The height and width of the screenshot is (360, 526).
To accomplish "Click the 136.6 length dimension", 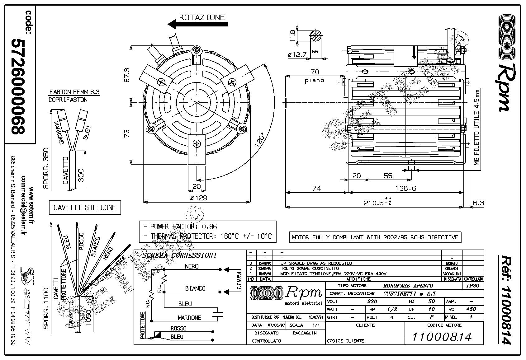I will [405, 188].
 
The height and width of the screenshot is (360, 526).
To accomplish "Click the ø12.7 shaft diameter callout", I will [297, 55].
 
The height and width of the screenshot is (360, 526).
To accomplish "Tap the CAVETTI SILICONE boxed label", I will [85, 208].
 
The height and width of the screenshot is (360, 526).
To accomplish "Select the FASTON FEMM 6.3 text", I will [75, 92].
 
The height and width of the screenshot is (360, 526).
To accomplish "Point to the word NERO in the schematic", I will [192, 266].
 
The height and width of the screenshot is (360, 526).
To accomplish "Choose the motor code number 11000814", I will [442, 337].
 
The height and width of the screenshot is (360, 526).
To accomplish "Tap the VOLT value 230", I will [372, 301].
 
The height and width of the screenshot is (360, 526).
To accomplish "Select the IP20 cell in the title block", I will [473, 285].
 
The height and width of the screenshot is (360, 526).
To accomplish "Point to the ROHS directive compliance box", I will [375, 237].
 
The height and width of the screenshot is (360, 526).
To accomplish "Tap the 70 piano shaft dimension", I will [315, 76].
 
